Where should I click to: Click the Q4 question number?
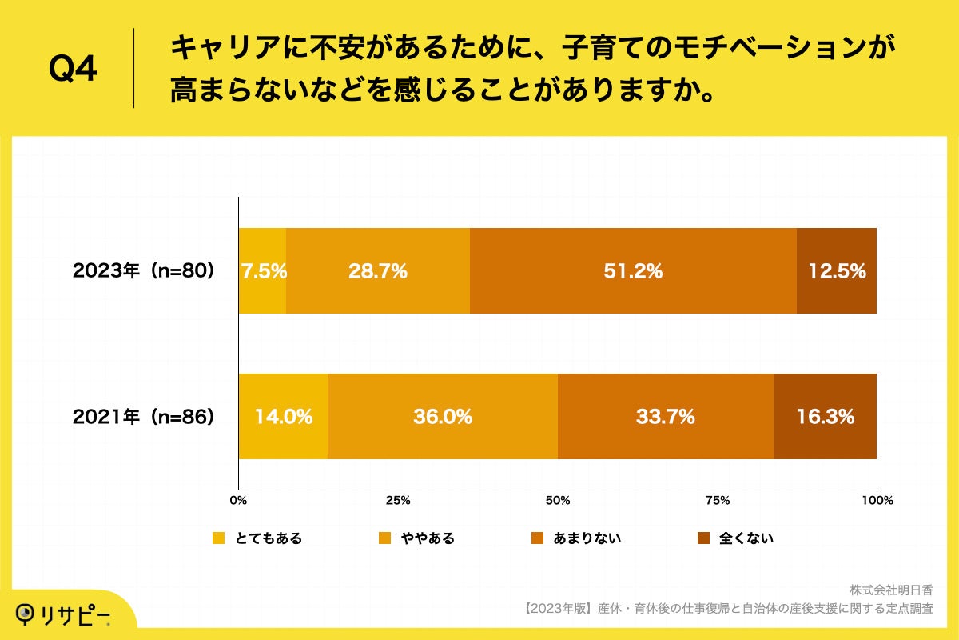73,70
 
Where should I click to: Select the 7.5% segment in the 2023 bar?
262,270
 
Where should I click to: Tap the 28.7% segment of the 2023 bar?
377,270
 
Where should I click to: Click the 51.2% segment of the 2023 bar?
633,270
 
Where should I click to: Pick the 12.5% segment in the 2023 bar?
837,270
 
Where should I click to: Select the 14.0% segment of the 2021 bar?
283,416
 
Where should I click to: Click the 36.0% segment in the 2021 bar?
442,416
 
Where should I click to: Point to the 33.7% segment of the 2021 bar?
665,416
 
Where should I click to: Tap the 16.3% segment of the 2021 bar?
825,416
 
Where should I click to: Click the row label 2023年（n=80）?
144,271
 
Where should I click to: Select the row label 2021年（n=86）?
144,417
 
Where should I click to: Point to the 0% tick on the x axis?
238,501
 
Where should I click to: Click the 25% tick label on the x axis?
398,501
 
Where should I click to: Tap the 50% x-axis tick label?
558,501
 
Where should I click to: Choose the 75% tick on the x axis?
718,501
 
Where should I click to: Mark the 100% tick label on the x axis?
877,501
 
